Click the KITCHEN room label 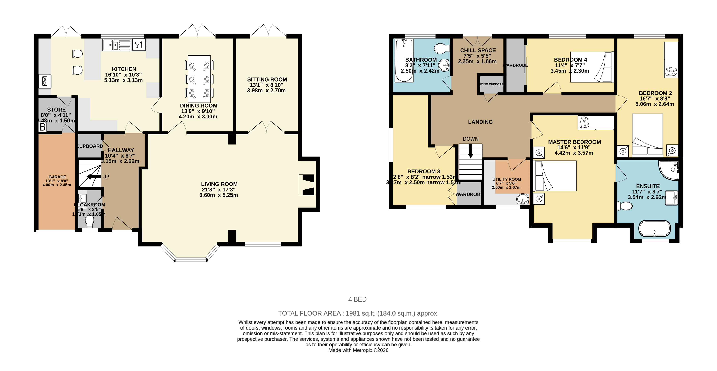(x=124, y=69)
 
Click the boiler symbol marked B (x=43, y=127)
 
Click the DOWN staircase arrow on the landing (x=470, y=152)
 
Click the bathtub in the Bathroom (x=404, y=60)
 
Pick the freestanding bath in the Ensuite (x=654, y=229)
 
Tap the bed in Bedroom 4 (x=591, y=67)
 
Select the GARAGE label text (x=57, y=177)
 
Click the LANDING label (x=480, y=122)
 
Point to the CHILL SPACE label (x=478, y=50)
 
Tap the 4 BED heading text (x=357, y=299)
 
